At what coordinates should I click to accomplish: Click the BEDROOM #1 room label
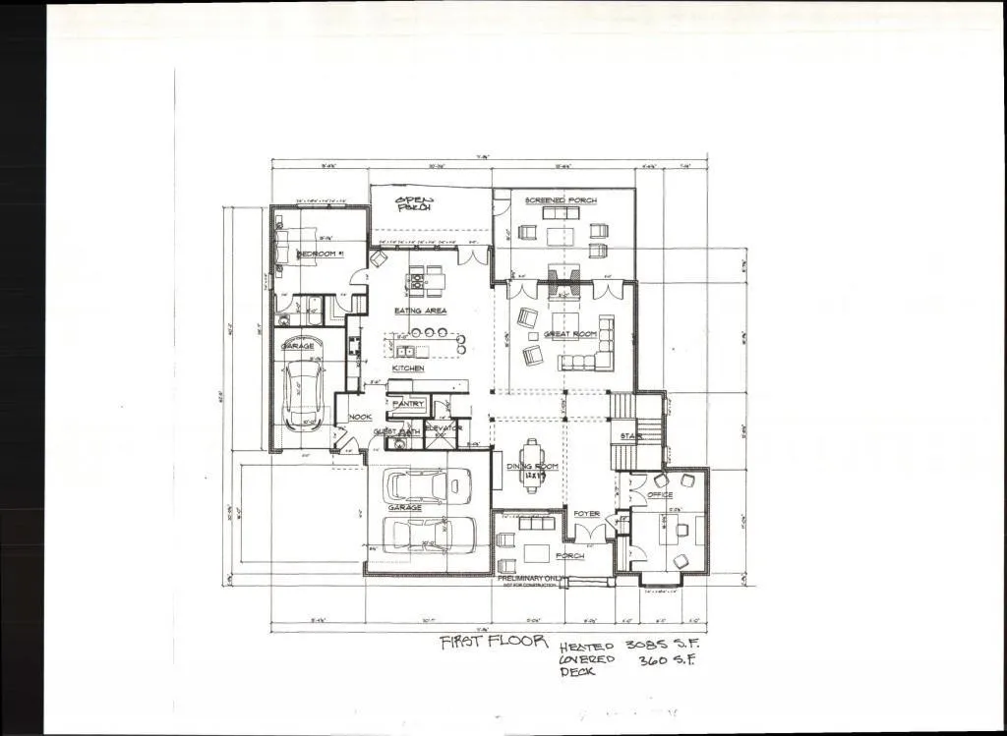[x=320, y=255]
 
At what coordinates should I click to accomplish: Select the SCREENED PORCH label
[x=560, y=200]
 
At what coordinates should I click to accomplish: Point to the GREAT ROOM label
[x=570, y=334]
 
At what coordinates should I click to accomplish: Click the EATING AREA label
[x=421, y=311]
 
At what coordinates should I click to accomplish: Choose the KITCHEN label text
[x=408, y=368]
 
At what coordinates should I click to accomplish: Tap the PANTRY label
[x=407, y=404]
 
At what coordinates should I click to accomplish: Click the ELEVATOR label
[x=444, y=428]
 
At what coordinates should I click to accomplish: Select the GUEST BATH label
[x=397, y=431]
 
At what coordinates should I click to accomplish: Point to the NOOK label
[x=359, y=417]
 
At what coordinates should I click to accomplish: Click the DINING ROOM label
[x=532, y=466]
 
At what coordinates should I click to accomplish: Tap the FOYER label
[x=587, y=513]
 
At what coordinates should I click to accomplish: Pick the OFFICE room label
[x=660, y=495]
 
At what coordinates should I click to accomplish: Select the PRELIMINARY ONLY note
[x=532, y=579]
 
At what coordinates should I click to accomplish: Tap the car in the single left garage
[x=304, y=393]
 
